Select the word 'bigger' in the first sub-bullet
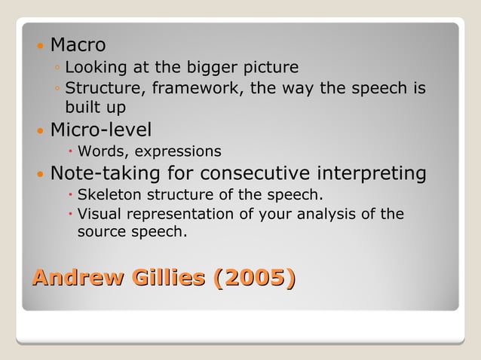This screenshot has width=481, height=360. pos(207,69)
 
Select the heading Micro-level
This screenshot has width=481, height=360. pos(101,130)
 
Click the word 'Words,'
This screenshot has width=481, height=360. pos(102,151)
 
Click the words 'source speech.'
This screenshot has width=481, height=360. pos(131,232)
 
